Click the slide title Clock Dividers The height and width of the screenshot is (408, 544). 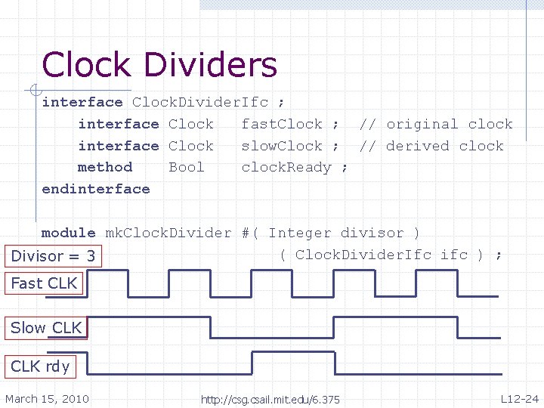(x=159, y=65)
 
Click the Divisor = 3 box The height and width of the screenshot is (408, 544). (x=53, y=256)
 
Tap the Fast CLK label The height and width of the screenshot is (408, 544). (x=44, y=283)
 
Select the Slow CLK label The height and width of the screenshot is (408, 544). (x=46, y=328)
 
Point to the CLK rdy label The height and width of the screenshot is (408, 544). (x=41, y=366)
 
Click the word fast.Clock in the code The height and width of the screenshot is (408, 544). (x=282, y=124)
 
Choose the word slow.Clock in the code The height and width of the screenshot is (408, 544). (x=282, y=146)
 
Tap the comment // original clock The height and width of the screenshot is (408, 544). (x=436, y=124)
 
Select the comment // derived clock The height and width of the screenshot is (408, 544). (x=431, y=146)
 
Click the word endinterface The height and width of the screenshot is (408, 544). (x=96, y=189)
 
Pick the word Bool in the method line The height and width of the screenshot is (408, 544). (x=187, y=167)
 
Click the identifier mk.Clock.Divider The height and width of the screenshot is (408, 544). (x=168, y=233)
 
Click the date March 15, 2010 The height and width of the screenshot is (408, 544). (x=47, y=399)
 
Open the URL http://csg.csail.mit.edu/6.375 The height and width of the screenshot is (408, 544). (x=270, y=400)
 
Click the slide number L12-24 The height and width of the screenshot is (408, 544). (x=519, y=399)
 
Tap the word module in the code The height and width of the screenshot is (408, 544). (x=69, y=233)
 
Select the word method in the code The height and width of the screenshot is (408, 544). (x=105, y=167)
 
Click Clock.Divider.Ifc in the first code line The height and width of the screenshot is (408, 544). (x=200, y=102)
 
